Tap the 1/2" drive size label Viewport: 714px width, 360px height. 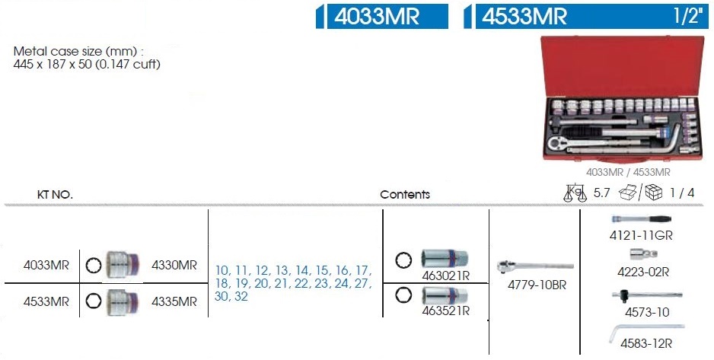tap(687, 16)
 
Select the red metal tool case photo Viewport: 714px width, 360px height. tap(623, 100)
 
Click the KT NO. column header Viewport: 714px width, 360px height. tap(55, 195)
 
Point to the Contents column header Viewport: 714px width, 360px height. tap(405, 195)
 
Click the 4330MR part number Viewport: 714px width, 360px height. tap(174, 265)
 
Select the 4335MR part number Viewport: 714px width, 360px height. tap(174, 301)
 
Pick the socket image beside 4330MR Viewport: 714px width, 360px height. tap(121, 264)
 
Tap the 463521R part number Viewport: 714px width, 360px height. tap(445, 311)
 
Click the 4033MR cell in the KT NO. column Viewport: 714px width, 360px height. tap(46, 265)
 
